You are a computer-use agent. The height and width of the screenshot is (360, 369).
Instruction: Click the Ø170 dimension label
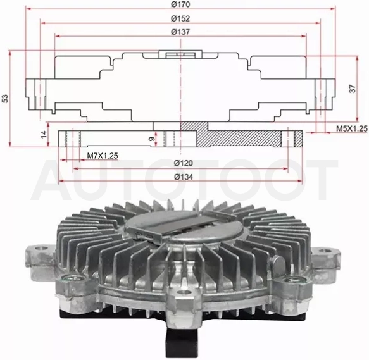tap(180, 4)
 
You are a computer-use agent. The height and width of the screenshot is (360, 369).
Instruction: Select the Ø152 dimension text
tap(180, 18)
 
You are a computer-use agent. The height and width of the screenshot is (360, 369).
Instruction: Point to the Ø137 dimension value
tap(180, 32)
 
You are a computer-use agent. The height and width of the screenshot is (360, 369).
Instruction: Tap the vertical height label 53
tap(5, 98)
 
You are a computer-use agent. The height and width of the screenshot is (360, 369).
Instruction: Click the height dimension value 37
tap(353, 89)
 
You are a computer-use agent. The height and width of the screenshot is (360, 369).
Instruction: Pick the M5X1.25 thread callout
tap(351, 128)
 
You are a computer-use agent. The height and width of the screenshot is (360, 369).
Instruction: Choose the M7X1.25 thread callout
tap(103, 156)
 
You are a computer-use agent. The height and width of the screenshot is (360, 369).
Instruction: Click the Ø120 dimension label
tap(184, 163)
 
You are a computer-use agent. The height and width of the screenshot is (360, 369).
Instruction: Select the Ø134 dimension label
tap(184, 177)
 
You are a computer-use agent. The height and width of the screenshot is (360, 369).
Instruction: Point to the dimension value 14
tap(44, 135)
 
